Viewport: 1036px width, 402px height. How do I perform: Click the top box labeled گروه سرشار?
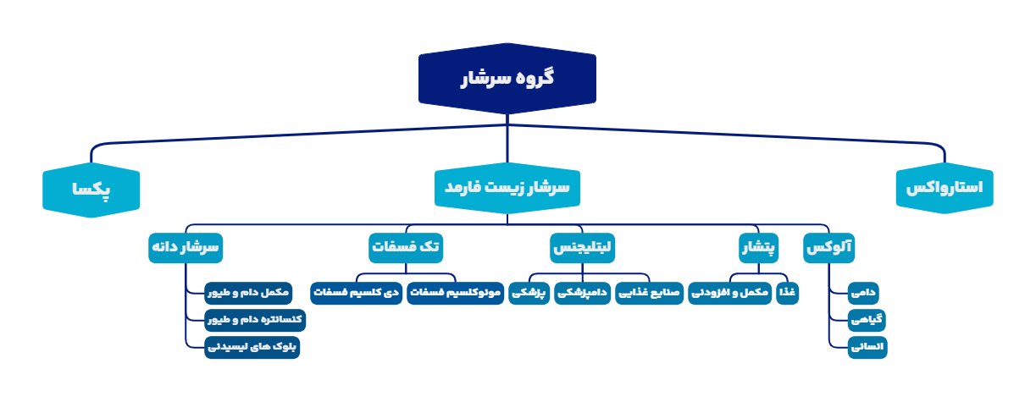(x=507, y=78)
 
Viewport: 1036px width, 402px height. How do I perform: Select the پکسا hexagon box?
(x=91, y=190)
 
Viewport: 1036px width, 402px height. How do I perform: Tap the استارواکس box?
(x=945, y=188)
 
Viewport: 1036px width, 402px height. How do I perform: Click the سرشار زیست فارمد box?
(x=507, y=188)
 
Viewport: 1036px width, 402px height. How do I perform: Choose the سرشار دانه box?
(x=186, y=248)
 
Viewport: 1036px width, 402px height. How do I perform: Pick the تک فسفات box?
(x=407, y=248)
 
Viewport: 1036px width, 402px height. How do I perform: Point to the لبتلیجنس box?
(x=583, y=248)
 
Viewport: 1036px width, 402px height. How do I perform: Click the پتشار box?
(x=759, y=248)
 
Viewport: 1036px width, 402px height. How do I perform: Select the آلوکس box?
(x=829, y=248)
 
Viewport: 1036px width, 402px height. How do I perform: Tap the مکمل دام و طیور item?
(x=249, y=293)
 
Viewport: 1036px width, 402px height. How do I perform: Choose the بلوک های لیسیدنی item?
(x=252, y=347)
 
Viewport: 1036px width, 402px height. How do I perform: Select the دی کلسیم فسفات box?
(x=356, y=293)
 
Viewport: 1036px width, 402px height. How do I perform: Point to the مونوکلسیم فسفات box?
(x=456, y=293)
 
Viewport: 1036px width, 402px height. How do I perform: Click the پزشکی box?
(x=529, y=293)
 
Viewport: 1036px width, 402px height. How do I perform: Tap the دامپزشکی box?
(x=583, y=293)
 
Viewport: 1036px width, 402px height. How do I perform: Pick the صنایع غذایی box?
(x=648, y=293)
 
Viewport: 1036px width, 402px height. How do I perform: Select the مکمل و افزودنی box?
(x=729, y=293)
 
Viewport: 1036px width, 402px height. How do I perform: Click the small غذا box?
(x=788, y=293)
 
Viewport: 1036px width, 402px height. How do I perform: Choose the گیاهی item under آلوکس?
(x=867, y=320)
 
